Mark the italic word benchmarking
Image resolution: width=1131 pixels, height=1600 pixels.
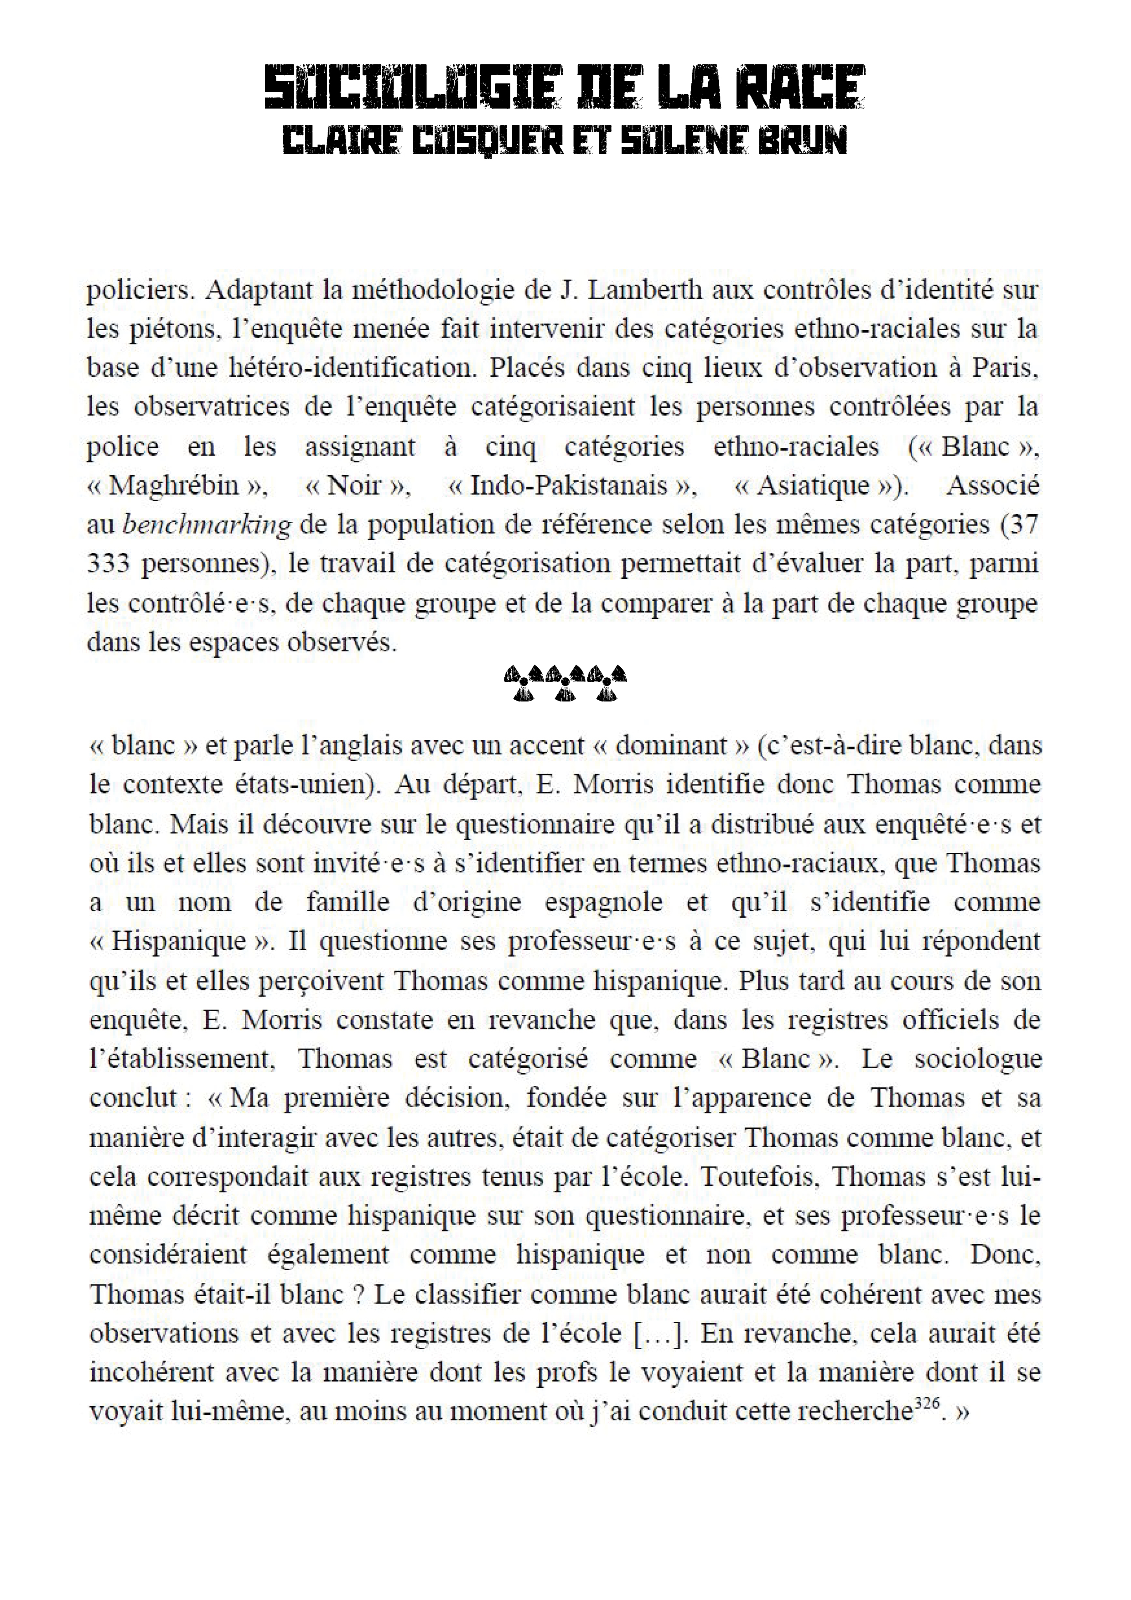tap(207, 525)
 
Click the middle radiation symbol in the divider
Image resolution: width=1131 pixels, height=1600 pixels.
tap(566, 682)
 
